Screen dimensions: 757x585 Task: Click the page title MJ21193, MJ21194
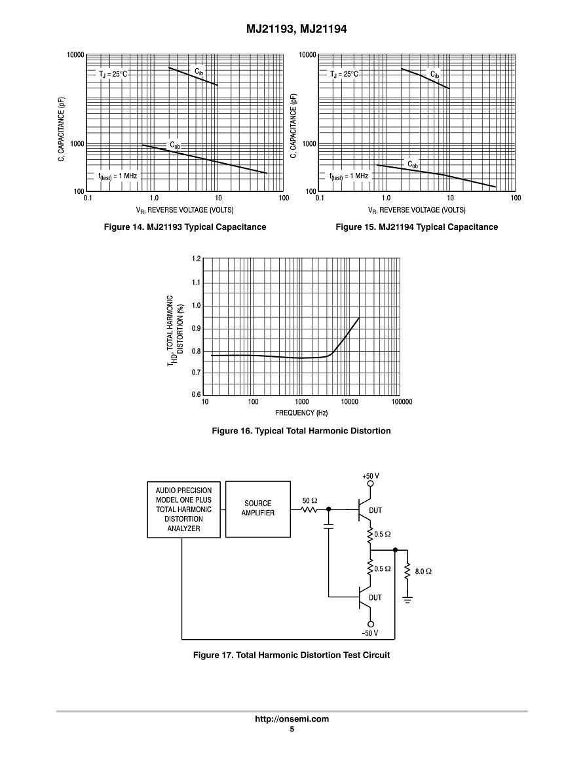[292, 29]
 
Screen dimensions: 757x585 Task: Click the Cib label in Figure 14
[198, 70]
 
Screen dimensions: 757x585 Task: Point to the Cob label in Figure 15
[413, 164]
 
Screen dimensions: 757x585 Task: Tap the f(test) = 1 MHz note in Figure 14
[119, 176]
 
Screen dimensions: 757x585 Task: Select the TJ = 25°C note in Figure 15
[345, 74]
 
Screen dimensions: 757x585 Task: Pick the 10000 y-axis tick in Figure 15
[307, 55]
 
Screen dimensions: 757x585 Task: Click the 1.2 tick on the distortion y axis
[197, 259]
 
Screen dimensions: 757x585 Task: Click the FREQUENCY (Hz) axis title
[301, 413]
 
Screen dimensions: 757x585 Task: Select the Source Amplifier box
[258, 509]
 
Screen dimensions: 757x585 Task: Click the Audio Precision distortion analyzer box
[183, 509]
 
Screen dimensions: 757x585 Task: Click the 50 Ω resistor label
[309, 500]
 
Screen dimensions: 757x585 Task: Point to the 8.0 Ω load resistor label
[424, 571]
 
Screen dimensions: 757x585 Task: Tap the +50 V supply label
[371, 475]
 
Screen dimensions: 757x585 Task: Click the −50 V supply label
[370, 634]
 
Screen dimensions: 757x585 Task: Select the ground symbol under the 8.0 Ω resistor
[407, 599]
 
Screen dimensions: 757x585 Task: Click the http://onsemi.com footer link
[292, 719]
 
